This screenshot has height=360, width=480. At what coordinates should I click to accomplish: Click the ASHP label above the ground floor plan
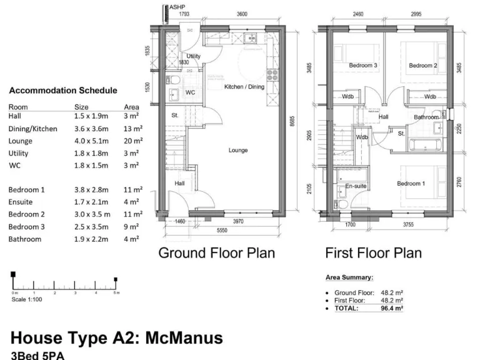click(177, 6)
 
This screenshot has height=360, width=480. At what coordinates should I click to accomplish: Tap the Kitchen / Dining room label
click(244, 87)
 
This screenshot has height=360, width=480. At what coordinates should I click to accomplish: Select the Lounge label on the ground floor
click(238, 150)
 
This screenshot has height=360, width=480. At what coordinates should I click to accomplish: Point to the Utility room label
click(194, 56)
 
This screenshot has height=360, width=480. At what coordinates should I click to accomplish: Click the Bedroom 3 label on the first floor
click(362, 66)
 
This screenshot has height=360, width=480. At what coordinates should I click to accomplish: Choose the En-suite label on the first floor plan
click(356, 186)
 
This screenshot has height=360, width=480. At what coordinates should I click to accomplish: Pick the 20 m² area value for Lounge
click(132, 141)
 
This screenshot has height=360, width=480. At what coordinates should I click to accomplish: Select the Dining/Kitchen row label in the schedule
click(32, 129)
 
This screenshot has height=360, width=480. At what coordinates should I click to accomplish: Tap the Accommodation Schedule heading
click(62, 91)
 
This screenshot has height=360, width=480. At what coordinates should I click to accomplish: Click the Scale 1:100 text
click(28, 299)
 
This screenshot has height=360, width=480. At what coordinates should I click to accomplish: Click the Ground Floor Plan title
click(216, 253)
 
